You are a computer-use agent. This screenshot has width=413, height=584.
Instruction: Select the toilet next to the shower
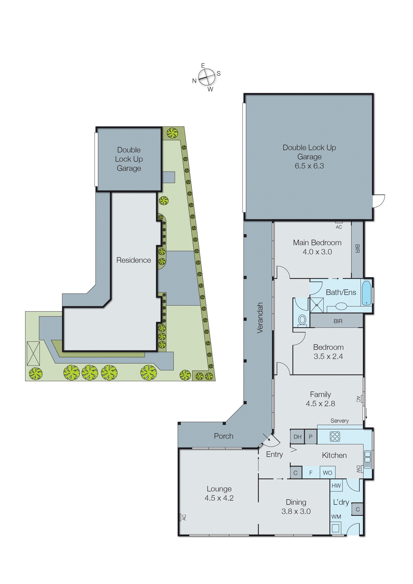pos(302,320)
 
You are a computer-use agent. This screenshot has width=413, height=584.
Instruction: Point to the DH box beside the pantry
pos(297,437)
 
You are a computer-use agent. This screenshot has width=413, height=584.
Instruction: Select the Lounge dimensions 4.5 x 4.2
pos(219,498)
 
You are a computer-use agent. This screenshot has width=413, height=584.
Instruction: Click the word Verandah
pos(260,318)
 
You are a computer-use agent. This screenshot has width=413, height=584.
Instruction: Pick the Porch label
pos(223,436)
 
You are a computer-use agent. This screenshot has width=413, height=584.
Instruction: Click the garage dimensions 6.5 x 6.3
pos(309,166)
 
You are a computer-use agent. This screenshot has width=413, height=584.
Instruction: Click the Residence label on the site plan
pos(134,260)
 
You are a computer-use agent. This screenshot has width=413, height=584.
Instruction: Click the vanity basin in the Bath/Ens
pos(341,306)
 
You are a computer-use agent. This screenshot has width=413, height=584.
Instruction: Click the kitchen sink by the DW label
pos(368,459)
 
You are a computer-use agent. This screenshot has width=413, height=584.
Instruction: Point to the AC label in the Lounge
pos(184,517)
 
